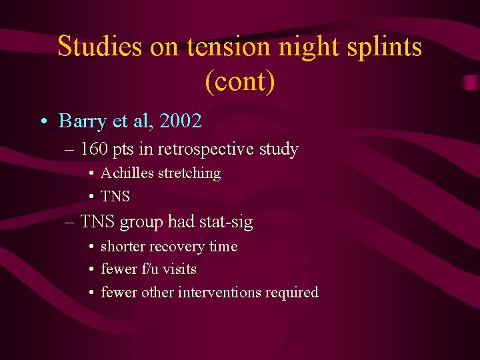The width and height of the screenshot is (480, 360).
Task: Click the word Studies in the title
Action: tap(100, 47)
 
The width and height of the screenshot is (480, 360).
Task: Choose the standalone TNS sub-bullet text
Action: tap(115, 197)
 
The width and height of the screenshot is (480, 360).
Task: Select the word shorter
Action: tap(123, 247)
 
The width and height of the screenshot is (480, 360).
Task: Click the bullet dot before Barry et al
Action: tap(43, 122)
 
